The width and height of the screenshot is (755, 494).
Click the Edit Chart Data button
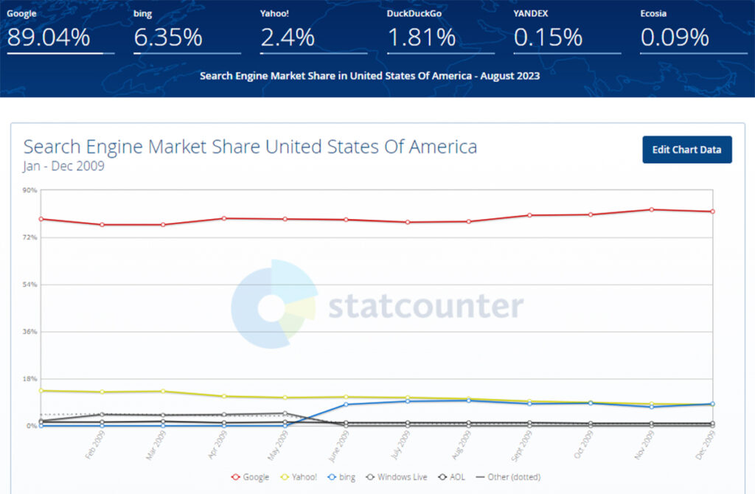click(686, 150)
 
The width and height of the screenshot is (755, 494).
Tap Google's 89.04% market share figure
click(49, 38)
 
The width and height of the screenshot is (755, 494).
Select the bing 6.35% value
click(167, 38)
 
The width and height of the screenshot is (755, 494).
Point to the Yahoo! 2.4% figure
click(287, 38)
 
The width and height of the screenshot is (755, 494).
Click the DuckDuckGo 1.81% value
click(421, 38)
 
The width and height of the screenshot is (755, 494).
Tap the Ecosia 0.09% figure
click(675, 38)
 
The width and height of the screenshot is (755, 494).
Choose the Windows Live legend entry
click(397, 477)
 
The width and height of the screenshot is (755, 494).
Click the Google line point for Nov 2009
click(651, 209)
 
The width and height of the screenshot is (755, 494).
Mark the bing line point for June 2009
click(345, 404)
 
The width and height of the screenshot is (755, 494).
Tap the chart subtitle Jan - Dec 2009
click(63, 166)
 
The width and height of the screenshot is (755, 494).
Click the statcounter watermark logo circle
click(273, 304)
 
